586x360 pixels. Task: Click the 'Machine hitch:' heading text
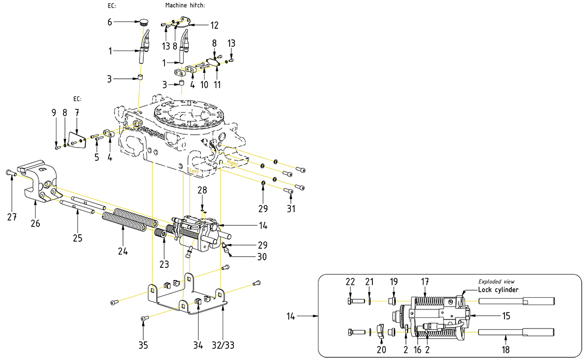coord(185,5)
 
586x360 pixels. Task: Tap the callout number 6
coord(110,22)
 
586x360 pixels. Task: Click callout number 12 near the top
coord(214,25)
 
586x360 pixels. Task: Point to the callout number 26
coord(35,224)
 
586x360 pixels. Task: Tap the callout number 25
coord(77,237)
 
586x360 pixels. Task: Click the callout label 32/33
coord(222,345)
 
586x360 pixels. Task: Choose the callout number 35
coord(143,345)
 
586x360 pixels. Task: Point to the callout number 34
coord(198,345)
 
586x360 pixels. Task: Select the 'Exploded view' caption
coord(496,281)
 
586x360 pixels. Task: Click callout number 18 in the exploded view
coord(504,350)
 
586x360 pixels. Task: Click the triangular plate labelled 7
coord(79,138)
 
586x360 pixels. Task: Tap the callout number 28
coord(202,190)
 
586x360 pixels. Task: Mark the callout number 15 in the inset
coord(506,316)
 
